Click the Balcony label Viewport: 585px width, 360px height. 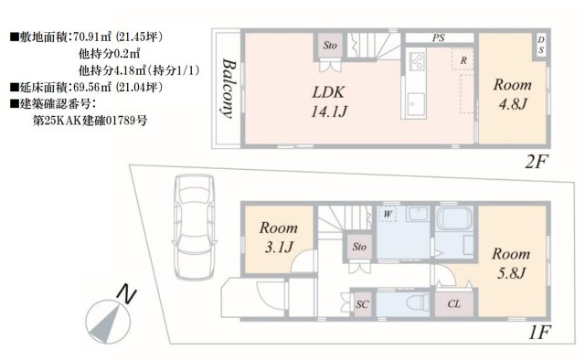point(229,89)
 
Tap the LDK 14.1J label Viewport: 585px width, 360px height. point(329,101)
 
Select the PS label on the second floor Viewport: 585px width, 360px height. point(439,37)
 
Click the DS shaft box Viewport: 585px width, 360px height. point(541,45)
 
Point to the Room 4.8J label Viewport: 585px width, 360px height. point(513,94)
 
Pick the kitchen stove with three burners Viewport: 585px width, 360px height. point(417,61)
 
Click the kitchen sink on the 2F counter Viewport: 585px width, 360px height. point(416,102)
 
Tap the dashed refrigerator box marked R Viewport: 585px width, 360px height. point(463,59)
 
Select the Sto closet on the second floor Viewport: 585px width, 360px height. point(329,46)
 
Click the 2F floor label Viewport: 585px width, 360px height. point(537,162)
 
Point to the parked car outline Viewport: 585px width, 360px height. point(195,227)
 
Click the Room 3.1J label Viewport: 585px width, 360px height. point(278,237)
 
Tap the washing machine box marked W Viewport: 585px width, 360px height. point(387,214)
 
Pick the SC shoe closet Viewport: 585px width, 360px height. point(362,304)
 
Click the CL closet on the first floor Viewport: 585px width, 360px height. point(454,303)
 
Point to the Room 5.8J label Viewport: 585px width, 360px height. point(511,263)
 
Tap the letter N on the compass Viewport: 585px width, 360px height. point(126,295)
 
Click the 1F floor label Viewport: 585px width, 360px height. point(540,332)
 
